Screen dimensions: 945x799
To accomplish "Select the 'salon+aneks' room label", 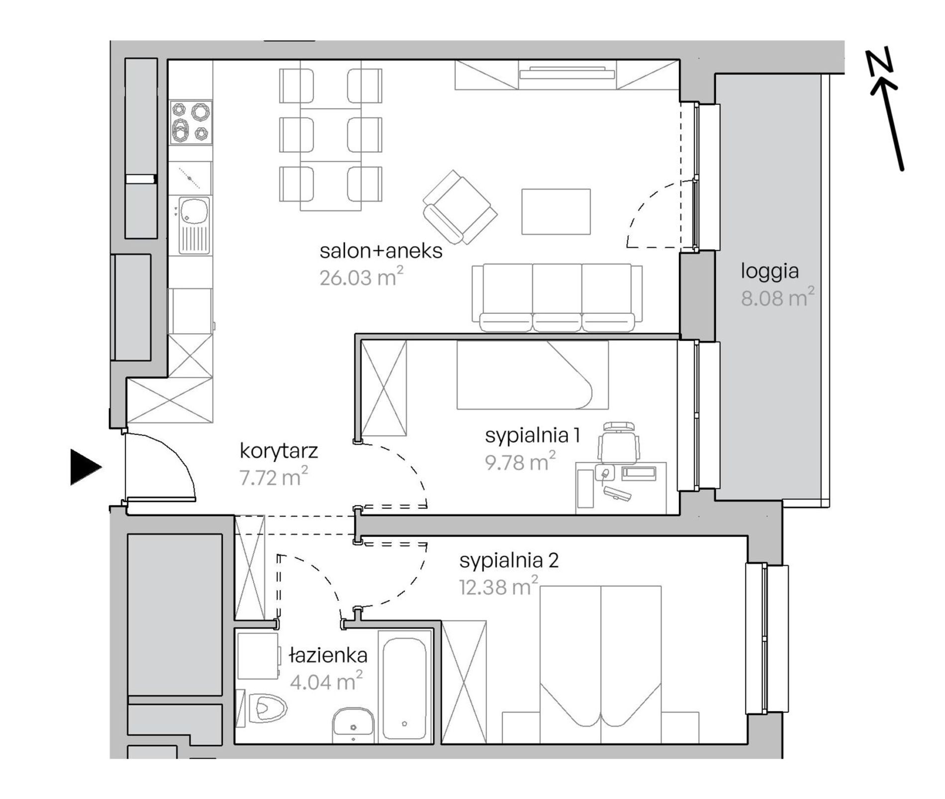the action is pos(381,251).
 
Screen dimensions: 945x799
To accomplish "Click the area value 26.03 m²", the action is pos(361,276).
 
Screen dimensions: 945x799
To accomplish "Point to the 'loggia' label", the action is pos(769,272).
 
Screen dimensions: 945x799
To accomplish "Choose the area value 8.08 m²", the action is pos(777,297).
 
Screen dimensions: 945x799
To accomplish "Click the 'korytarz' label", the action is pos(279,451).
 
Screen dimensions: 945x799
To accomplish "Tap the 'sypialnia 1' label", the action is pos(532,436).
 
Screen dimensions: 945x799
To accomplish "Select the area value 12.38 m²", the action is pos(498,587).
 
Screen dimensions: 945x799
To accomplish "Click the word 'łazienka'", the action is pos(328,655).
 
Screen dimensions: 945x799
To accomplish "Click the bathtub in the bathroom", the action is pos(404,686).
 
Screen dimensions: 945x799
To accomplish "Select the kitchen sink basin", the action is pos(194,210).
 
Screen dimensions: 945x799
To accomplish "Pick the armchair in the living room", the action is pos(460,207).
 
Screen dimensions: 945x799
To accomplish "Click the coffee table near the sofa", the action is pos(556,211).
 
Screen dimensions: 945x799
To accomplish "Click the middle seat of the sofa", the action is pos(557,297).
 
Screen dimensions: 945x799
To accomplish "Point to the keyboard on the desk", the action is pos(617,493).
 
